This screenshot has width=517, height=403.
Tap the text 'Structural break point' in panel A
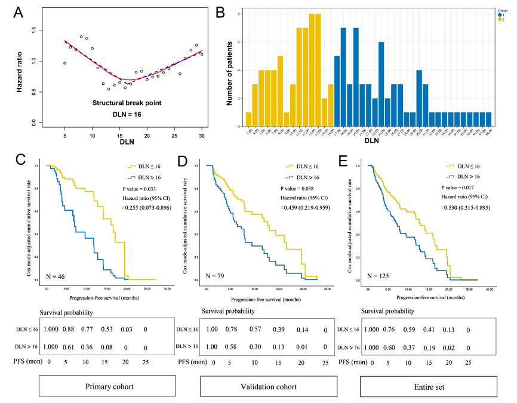(x=127, y=103)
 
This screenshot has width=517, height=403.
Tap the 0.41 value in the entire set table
(x=425, y=328)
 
